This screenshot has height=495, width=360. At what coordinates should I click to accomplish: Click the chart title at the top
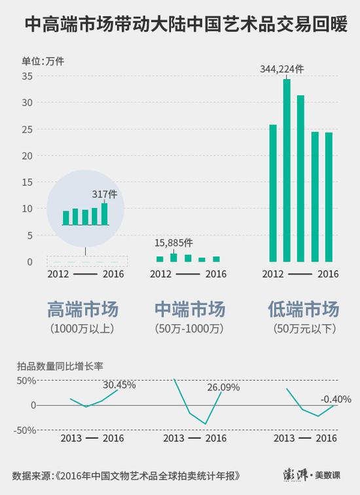pos(186,24)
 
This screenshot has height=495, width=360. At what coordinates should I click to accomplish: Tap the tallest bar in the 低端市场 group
pos(287,171)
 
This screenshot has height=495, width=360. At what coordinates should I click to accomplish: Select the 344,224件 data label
pos(281,69)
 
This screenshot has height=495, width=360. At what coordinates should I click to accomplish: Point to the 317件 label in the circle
pos(105,194)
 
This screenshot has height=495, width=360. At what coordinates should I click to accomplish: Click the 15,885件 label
pos(173,243)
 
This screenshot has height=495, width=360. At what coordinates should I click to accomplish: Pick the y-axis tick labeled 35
pos(27,76)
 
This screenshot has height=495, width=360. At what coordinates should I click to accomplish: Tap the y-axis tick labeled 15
pos(27,182)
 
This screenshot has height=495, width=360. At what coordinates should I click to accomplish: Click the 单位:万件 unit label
pos(43,61)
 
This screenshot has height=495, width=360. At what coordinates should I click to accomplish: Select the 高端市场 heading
pos(83,309)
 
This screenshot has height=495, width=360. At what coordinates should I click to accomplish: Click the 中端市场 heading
pos(190,309)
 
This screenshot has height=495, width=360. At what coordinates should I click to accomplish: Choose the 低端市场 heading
pos(304,309)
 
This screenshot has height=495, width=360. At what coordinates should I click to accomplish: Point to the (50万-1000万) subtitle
pos(189,329)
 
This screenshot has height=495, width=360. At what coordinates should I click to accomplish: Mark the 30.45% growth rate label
pos(119,385)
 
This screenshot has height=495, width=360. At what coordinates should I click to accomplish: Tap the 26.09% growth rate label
pos(223,387)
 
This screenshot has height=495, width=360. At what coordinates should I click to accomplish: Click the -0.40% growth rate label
pos(336,400)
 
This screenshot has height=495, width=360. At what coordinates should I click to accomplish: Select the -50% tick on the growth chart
pos(25,430)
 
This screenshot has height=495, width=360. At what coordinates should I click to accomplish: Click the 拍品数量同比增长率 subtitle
pos(60,366)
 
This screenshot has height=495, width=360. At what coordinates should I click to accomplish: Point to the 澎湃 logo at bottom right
pos(295,475)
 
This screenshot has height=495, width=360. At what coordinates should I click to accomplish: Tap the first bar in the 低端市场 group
pos(273,193)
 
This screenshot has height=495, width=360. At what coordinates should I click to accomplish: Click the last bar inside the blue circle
pos(104,214)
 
